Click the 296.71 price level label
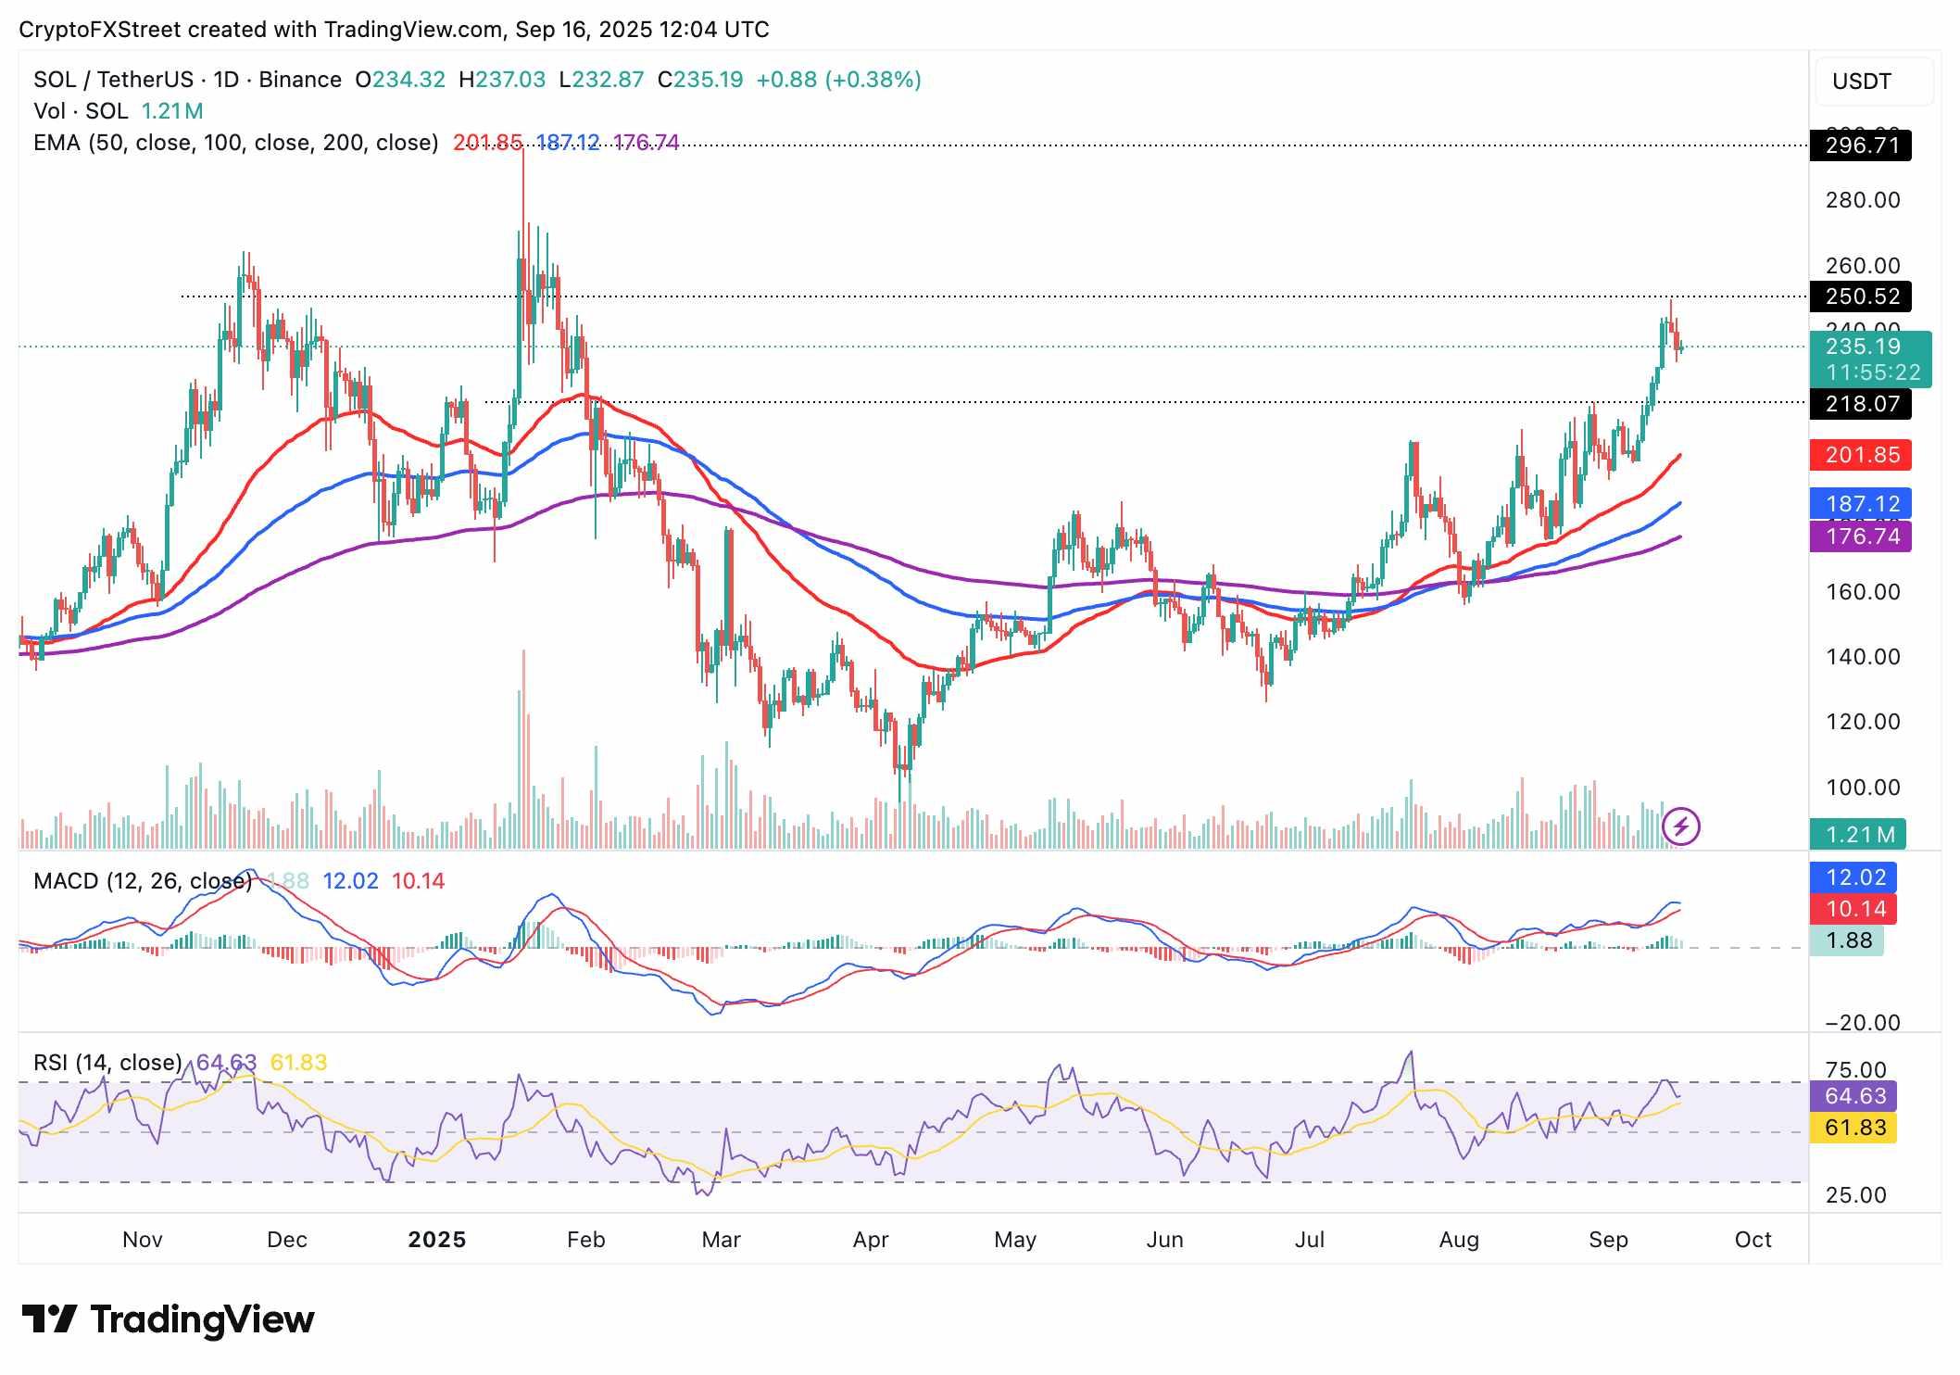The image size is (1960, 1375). tap(1860, 145)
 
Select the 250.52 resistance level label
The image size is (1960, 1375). tap(1860, 296)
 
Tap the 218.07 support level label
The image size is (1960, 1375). tap(1860, 404)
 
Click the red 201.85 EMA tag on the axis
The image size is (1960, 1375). tap(1860, 455)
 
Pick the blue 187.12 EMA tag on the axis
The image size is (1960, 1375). tap(1860, 504)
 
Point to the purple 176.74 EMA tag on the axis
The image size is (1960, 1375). tap(1860, 536)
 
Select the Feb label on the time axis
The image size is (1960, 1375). tap(585, 1240)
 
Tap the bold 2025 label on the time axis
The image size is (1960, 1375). tap(437, 1240)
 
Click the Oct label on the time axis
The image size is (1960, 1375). tap(1753, 1240)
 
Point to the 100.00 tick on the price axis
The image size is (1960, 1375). tap(1862, 788)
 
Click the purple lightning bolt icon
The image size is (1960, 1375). tap(1681, 826)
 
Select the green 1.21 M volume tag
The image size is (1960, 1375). tap(1858, 835)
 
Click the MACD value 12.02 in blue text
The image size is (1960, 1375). tap(350, 881)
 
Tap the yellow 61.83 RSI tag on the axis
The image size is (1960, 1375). tap(1854, 1128)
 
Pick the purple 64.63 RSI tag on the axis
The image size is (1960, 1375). tap(1854, 1096)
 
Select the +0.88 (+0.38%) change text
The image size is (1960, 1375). tap(838, 80)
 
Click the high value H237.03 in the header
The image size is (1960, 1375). tap(502, 80)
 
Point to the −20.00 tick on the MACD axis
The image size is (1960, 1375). tap(1862, 1023)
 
